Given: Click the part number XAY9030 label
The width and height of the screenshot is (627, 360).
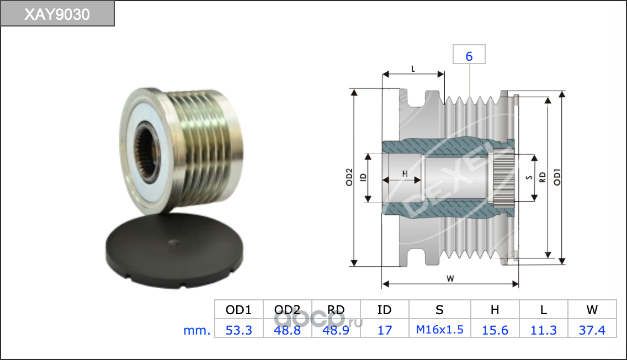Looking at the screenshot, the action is pyautogui.click(x=57, y=14).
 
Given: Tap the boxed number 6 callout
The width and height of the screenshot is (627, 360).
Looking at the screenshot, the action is pyautogui.click(x=469, y=55).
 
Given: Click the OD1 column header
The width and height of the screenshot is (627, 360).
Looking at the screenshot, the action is pyautogui.click(x=239, y=310).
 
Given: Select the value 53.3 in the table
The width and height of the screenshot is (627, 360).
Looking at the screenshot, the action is pyautogui.click(x=239, y=330).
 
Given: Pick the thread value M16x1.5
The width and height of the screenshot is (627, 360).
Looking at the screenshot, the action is pyautogui.click(x=439, y=330).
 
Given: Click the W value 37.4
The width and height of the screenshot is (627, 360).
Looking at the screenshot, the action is pyautogui.click(x=592, y=330).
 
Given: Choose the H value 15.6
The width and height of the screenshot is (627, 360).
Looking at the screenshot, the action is pyautogui.click(x=495, y=330).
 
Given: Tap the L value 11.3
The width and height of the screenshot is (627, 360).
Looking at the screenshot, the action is pyautogui.click(x=544, y=330).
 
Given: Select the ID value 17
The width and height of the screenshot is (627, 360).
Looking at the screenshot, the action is pyautogui.click(x=385, y=330).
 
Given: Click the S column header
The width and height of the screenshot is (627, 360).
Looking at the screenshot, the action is pyautogui.click(x=439, y=310).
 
